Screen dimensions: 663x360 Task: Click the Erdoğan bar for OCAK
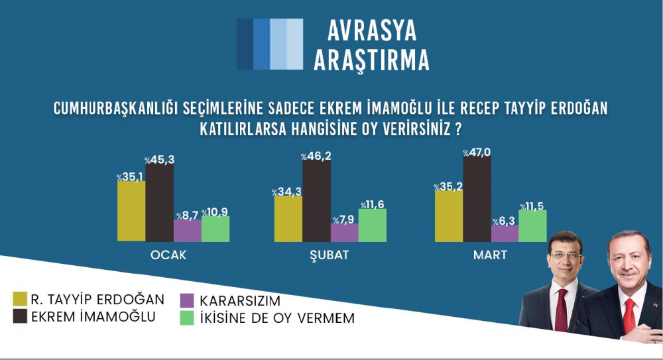(131, 211)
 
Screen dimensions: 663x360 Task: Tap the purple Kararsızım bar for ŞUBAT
(344, 233)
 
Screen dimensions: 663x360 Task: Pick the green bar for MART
(533, 226)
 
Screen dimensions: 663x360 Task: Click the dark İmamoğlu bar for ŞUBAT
(316, 201)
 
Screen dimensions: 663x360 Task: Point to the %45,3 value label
(159, 160)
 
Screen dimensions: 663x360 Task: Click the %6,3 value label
(505, 221)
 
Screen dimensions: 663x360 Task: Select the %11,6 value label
(373, 205)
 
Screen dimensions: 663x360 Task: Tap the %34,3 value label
(286, 192)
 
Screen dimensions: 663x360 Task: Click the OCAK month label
(168, 255)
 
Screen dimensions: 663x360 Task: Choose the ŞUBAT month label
(330, 255)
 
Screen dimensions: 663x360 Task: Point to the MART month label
(490, 255)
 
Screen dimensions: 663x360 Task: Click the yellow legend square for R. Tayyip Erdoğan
(20, 298)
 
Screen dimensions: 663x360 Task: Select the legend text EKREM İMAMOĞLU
(93, 316)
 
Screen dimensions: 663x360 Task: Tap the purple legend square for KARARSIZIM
(187, 300)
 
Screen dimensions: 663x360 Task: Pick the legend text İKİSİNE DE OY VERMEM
(277, 318)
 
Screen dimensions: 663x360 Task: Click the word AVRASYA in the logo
(372, 31)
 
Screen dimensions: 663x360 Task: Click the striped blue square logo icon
(270, 44)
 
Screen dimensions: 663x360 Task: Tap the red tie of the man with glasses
(561, 310)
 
